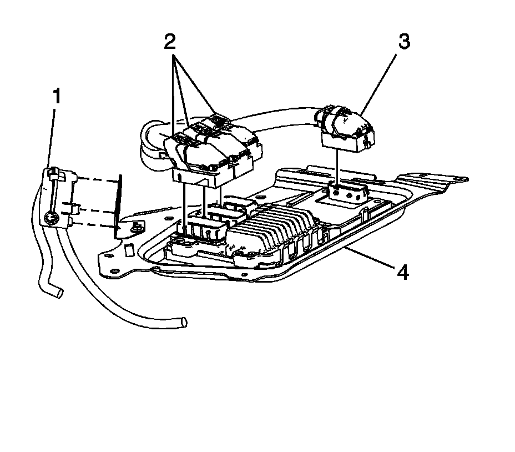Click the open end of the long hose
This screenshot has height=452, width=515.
[184, 322]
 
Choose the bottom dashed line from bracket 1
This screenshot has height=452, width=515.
[94, 225]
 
